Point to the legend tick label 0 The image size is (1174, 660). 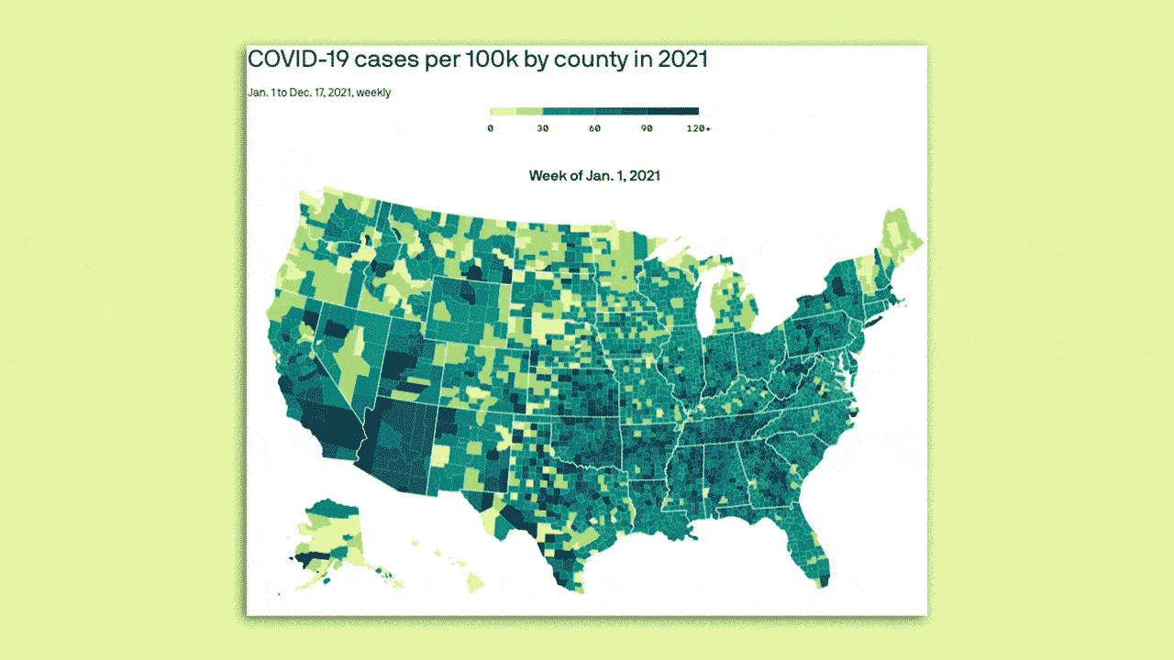pyautogui.click(x=491, y=128)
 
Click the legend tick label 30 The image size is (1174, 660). pyautogui.click(x=542, y=128)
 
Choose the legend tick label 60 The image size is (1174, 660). pyautogui.click(x=594, y=128)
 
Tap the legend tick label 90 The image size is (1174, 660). pyautogui.click(x=647, y=128)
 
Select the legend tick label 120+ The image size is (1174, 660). pyautogui.click(x=698, y=128)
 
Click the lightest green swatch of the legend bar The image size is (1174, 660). pyautogui.click(x=504, y=112)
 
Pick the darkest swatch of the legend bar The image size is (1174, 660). pyautogui.click(x=685, y=112)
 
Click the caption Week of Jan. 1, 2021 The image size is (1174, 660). pyautogui.click(x=594, y=175)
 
